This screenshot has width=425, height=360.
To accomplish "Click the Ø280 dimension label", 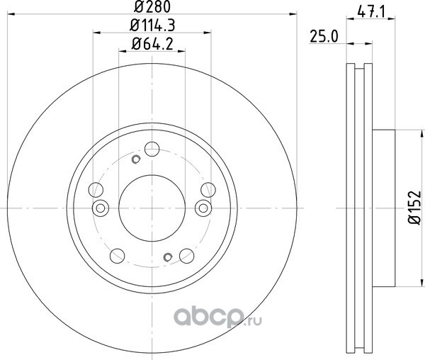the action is coord(152,6).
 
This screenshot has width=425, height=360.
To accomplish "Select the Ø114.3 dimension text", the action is coord(152,26).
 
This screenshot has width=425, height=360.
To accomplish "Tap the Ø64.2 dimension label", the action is coord(152,44).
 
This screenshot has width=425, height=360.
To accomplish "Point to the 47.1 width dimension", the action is coord(371,12).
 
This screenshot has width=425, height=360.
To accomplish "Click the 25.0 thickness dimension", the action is coord(324,37).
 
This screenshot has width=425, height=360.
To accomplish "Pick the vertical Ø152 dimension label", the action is coord(414,208).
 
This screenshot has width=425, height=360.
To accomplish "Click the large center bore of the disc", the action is coord(152,208).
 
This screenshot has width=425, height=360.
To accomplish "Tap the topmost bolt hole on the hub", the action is coord(152,149).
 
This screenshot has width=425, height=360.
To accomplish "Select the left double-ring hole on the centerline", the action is coord(101,208).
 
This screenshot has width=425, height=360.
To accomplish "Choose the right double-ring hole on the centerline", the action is coord(203,208).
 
